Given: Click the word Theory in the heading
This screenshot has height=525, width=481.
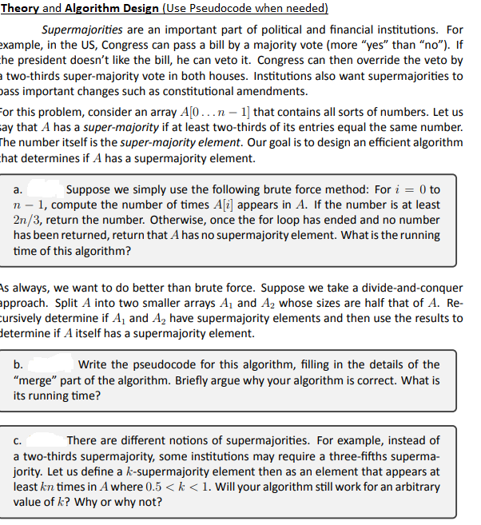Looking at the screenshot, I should [19, 9].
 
